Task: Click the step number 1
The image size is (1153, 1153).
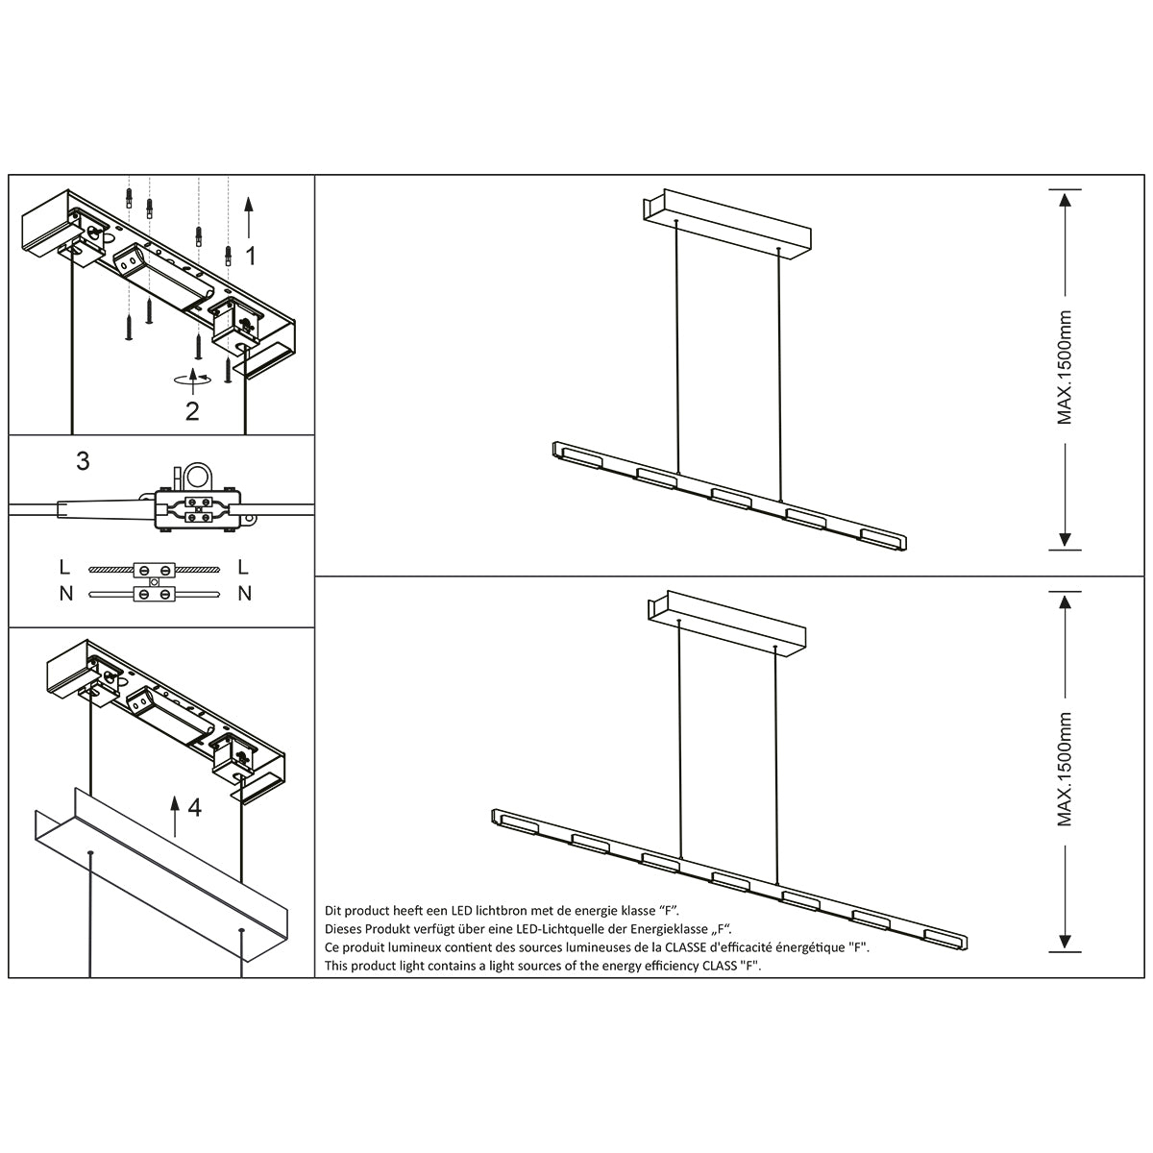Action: tap(250, 256)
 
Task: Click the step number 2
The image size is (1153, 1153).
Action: tap(192, 411)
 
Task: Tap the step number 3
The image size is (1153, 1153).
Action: tap(83, 461)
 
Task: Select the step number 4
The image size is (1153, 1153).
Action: tap(194, 808)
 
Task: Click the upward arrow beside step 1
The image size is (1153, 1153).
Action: tap(249, 216)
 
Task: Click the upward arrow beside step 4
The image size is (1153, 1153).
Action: tap(175, 816)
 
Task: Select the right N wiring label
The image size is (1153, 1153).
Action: tap(244, 594)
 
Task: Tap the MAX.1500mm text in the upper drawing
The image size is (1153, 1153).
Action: tap(1065, 368)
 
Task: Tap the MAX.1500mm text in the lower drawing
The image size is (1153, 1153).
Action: tap(1065, 770)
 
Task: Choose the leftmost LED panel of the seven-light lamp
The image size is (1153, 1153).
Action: tap(518, 822)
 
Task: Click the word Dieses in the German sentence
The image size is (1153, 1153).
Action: tap(342, 929)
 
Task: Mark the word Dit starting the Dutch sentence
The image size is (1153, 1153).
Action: tap(333, 910)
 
